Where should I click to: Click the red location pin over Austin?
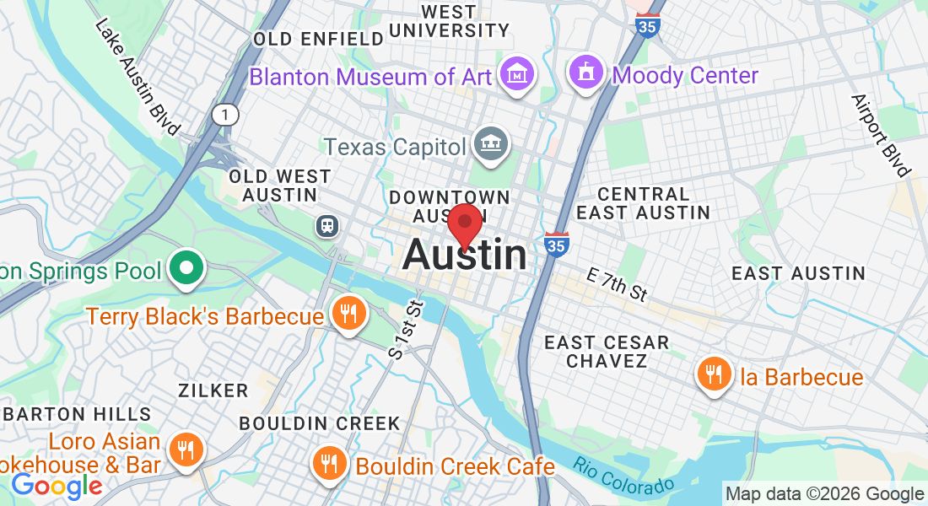[x=465, y=224]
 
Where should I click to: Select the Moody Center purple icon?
[x=586, y=75]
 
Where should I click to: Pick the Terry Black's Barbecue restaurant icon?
[x=347, y=315]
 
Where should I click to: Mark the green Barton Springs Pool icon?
[x=185, y=271]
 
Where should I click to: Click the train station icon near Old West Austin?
[x=326, y=226]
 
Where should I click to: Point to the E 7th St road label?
[x=618, y=283]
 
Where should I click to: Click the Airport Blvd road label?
[x=882, y=135]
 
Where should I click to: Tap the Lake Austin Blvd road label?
[x=137, y=77]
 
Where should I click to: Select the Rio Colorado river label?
[x=623, y=477]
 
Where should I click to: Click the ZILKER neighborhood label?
[x=213, y=390]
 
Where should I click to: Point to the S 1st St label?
[x=404, y=331]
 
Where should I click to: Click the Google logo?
[x=57, y=487]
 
